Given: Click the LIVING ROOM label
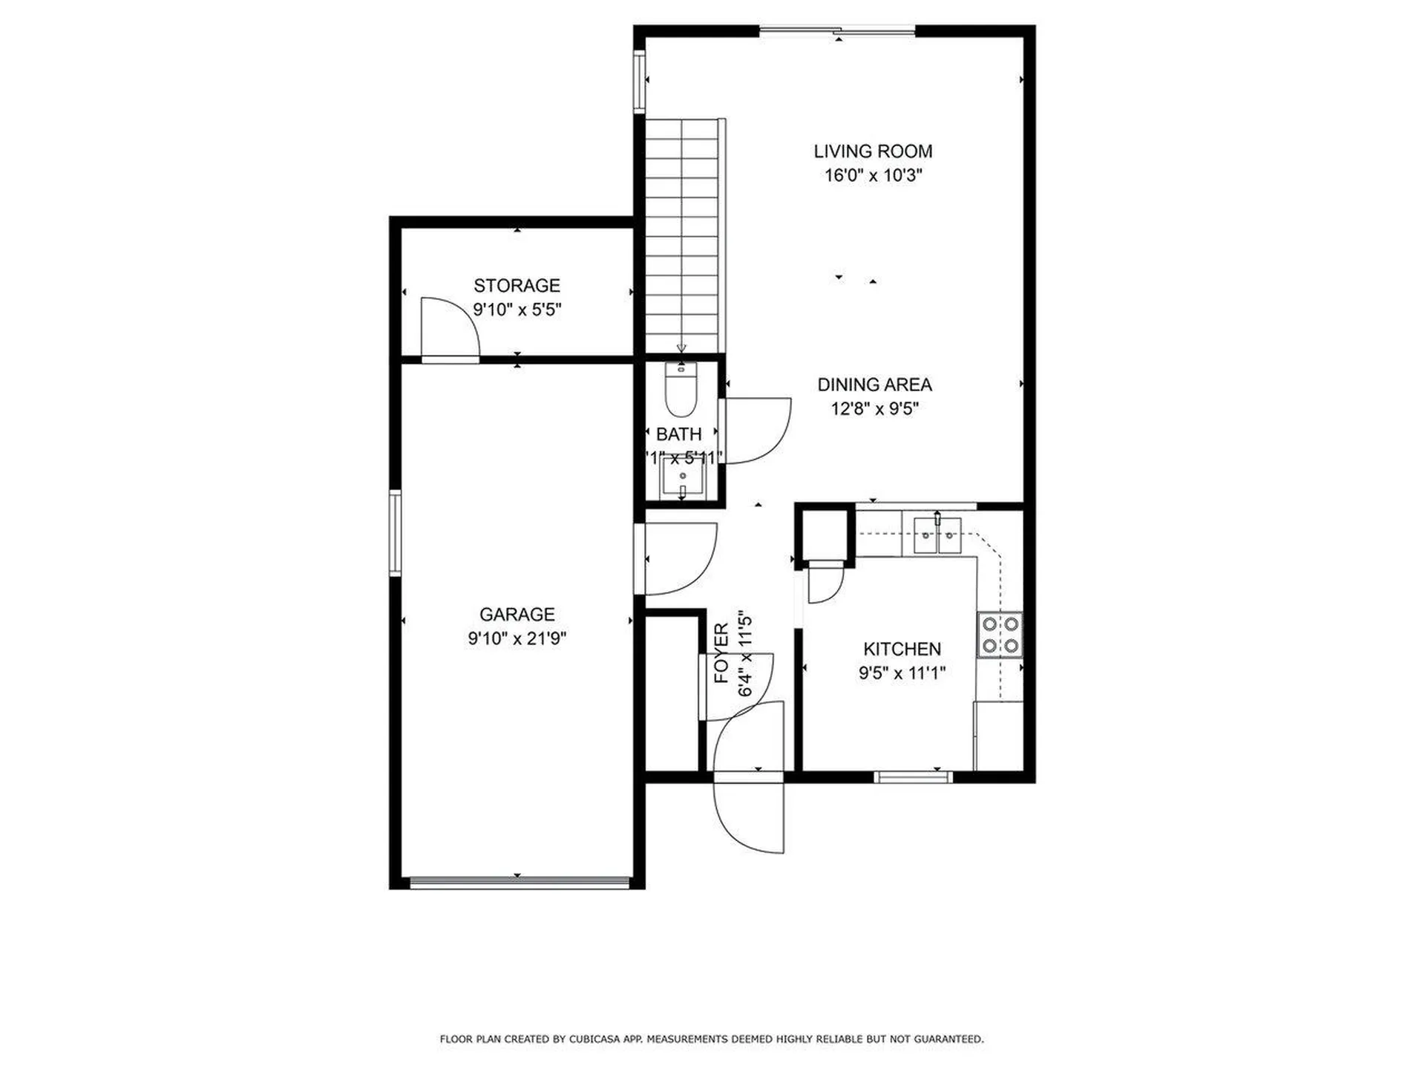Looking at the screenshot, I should coord(873,151).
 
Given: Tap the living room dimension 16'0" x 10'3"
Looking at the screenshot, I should coord(873,176).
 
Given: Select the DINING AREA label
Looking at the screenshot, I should coord(874,385).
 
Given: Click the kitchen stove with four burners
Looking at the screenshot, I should coord(999,635).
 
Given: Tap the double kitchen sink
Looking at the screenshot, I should coord(937,535).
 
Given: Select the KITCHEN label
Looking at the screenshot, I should coord(902,649).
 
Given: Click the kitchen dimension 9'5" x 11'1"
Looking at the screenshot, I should coord(902,673).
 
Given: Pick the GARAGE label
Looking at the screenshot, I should coord(517,614).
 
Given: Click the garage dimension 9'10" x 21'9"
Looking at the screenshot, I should coord(517,638).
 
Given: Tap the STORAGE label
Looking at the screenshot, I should coord(517,285).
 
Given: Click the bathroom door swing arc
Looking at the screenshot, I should coord(757,431).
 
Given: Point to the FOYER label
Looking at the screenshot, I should coord(721,653).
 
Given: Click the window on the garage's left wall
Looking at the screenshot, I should coord(396,533).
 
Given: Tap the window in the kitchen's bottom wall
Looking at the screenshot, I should coord(913,777).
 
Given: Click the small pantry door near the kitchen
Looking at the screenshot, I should coord(824,583).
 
